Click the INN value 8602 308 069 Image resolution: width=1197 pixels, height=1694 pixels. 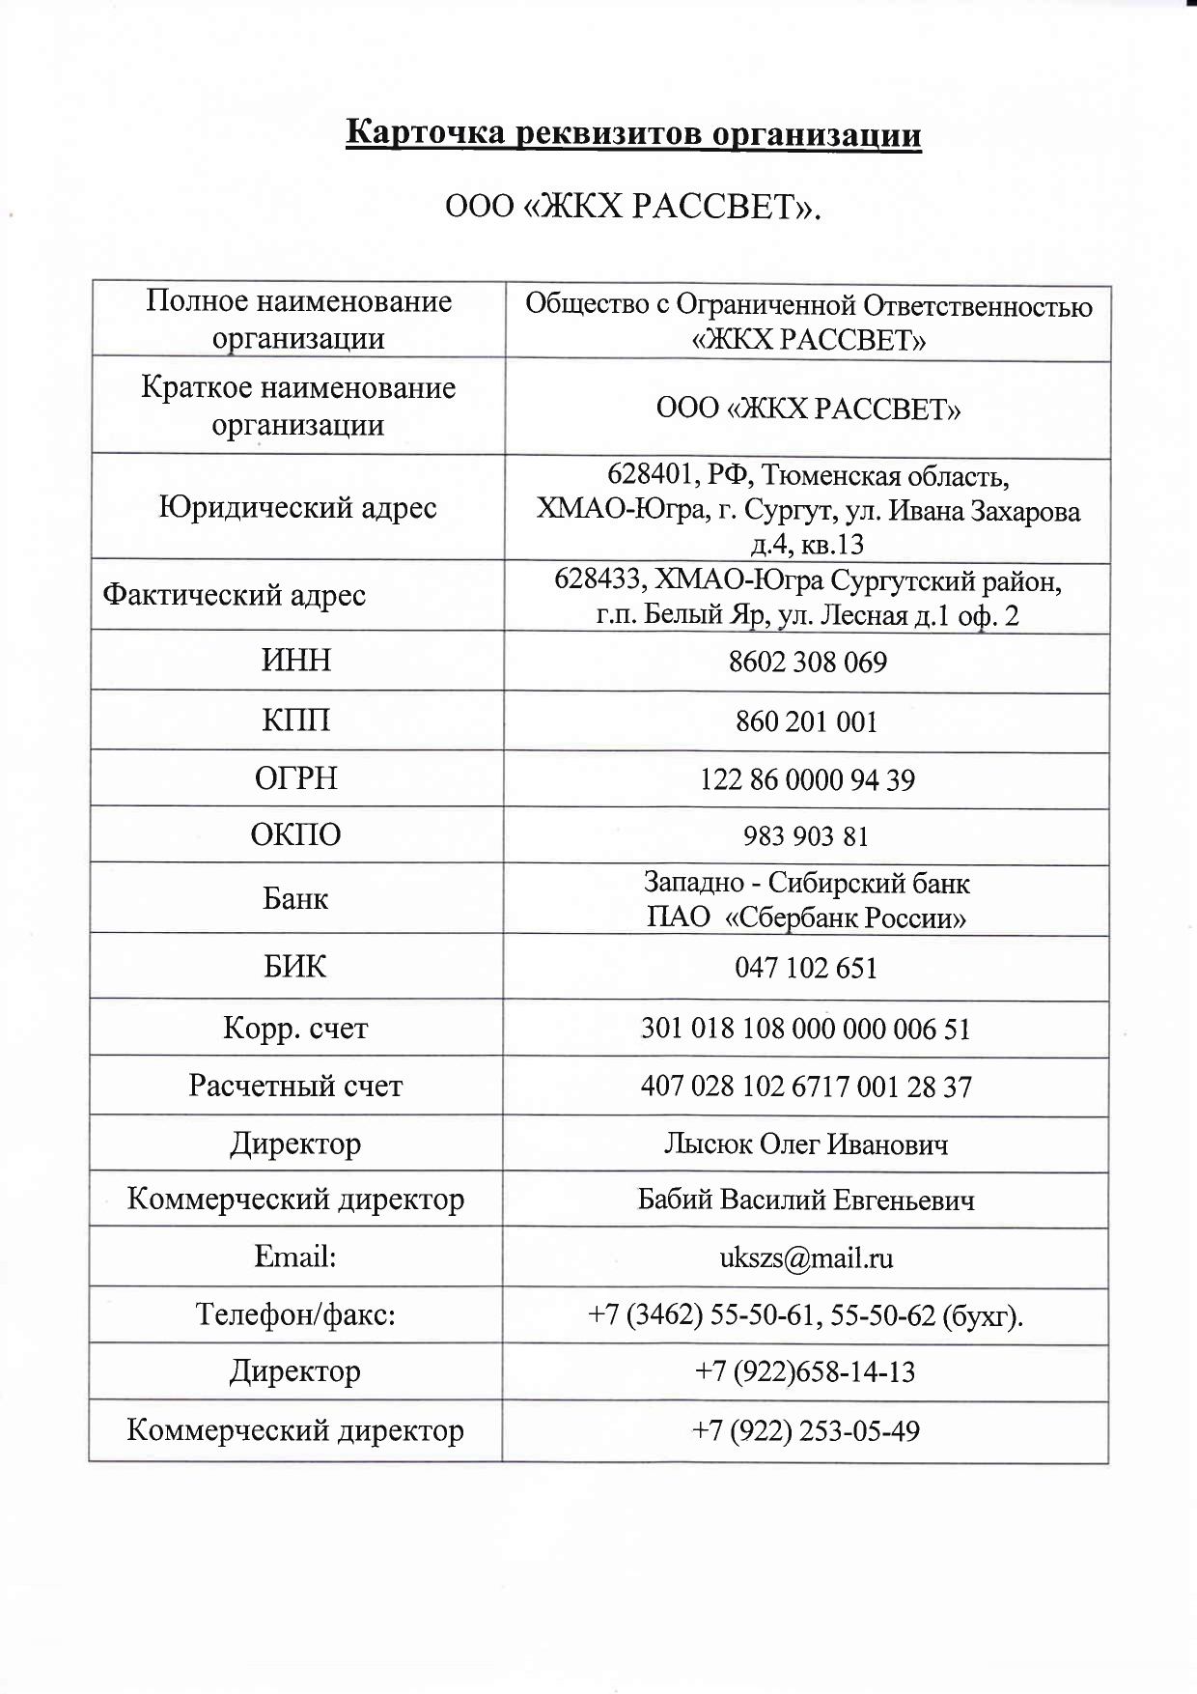pos(807,663)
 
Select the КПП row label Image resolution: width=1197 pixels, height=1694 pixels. pos(296,720)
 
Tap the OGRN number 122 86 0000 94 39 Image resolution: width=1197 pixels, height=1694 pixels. pos(807,779)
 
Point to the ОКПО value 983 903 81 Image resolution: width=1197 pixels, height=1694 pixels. pos(806,835)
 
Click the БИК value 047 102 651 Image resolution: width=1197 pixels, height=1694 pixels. pos(806,968)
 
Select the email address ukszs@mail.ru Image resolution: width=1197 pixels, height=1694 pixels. pos(806,1258)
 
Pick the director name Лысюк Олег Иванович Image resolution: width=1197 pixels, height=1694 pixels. pos(806,1144)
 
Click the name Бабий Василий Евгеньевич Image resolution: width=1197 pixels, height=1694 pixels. pos(806,1200)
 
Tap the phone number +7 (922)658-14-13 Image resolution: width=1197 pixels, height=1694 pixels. pos(805,1372)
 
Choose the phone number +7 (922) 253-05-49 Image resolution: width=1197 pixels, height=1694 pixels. pos(805,1430)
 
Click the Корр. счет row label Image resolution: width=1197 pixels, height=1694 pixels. pos(295,1028)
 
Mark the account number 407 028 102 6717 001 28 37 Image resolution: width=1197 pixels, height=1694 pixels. pos(806,1087)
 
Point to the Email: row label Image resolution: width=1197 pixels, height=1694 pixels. pos(295,1256)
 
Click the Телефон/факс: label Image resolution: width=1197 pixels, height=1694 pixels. pos(295,1314)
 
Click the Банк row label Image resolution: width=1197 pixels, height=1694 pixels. pos(295,899)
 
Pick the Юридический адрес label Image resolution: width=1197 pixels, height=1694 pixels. pos(297,508)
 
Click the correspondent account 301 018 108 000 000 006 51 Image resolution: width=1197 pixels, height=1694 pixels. pos(806,1029)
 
